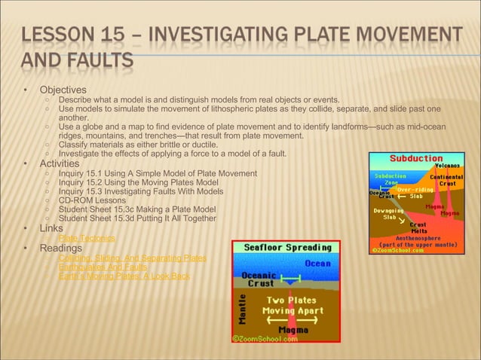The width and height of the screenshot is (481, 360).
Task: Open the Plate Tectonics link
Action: (x=87, y=238)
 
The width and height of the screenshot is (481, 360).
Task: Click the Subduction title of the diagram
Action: (x=415, y=158)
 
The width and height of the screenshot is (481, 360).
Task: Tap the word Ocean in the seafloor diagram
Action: (x=317, y=264)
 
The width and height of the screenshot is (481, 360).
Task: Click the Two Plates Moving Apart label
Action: (x=289, y=304)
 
